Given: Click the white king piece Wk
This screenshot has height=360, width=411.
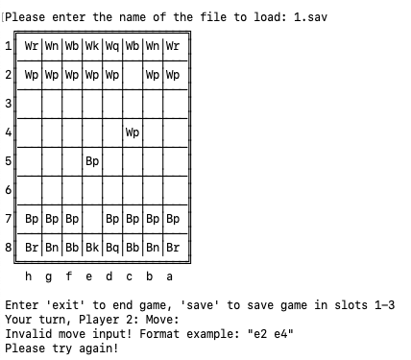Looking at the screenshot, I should coord(92,45).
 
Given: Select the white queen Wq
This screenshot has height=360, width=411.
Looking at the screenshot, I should coord(112,45).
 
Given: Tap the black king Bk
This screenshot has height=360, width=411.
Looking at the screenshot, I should coord(92,248).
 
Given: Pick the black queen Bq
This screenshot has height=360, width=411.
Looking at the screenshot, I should coord(112,248).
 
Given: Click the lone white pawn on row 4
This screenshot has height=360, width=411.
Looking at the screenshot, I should coord(133,132).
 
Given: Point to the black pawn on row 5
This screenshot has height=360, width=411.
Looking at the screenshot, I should coord(92,160).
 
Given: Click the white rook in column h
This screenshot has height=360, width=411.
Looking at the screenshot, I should coord(32,45).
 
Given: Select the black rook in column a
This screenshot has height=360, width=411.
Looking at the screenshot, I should coord(173,248).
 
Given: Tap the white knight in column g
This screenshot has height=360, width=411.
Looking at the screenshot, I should coord(52,45).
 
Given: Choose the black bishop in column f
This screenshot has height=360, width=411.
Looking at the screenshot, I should coord(72,248).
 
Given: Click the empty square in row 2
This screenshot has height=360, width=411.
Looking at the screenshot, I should coord(133,74).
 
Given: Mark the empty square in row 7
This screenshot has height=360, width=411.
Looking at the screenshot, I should coord(92,219).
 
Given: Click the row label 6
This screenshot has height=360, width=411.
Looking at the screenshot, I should coord(9,190).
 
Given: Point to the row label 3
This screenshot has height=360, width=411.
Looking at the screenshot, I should coord(9,103).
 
